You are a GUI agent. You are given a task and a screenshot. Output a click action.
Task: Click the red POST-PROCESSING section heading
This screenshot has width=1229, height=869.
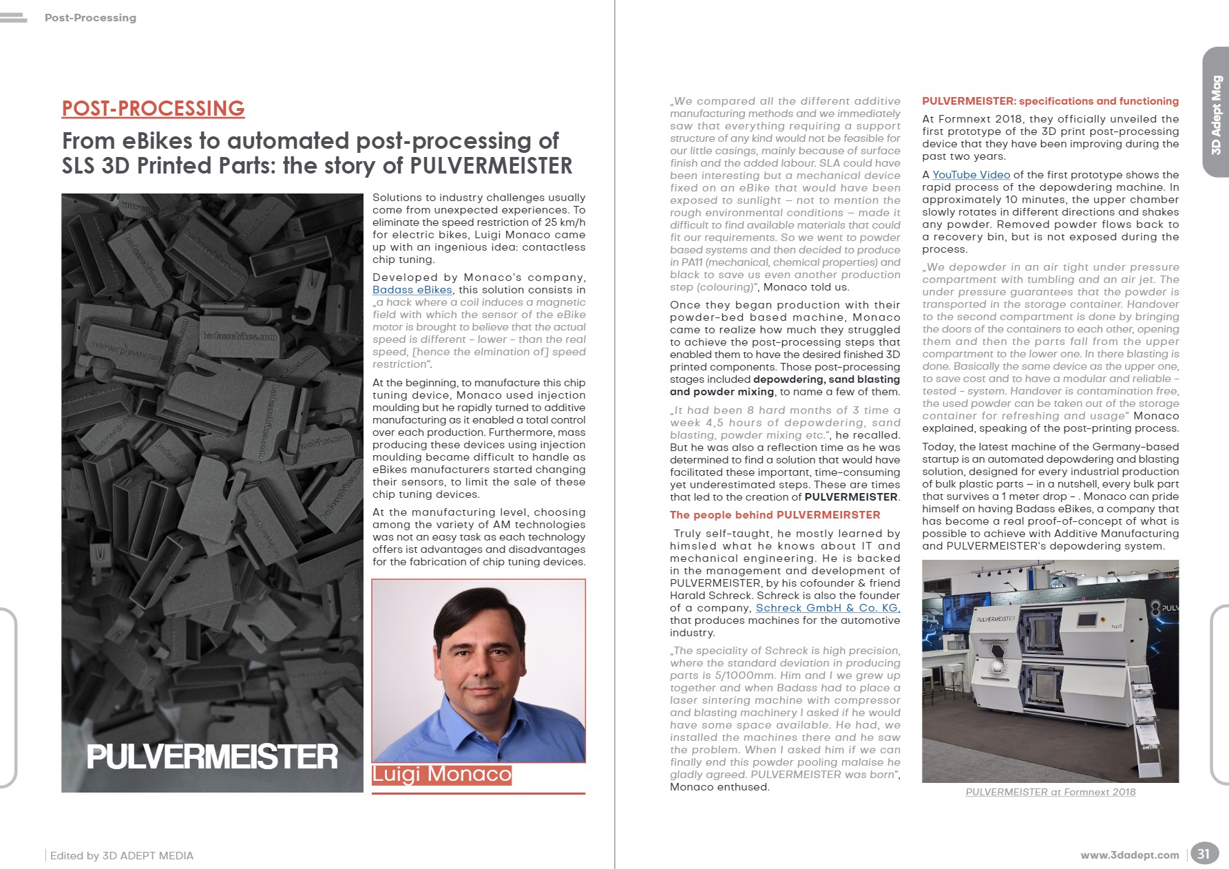pyautogui.click(x=153, y=108)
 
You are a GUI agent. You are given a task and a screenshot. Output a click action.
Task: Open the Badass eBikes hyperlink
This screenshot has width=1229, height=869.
pyautogui.click(x=412, y=290)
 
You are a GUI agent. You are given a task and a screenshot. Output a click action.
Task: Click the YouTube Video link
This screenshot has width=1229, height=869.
pyautogui.click(x=971, y=175)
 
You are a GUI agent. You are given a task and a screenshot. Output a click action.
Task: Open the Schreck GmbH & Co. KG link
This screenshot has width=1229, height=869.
pyautogui.click(x=828, y=608)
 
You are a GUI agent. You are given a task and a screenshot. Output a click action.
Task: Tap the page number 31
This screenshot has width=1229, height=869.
pyautogui.click(x=1203, y=854)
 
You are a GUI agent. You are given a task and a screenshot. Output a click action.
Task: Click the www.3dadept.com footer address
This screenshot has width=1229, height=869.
pyautogui.click(x=1129, y=855)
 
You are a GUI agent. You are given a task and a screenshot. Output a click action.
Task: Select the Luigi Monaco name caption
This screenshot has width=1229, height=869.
pyautogui.click(x=441, y=775)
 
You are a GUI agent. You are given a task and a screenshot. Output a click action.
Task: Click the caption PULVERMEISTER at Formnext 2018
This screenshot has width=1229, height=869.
pyautogui.click(x=1050, y=792)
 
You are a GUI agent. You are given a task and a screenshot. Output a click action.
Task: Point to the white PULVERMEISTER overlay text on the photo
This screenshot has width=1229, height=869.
pyautogui.click(x=211, y=757)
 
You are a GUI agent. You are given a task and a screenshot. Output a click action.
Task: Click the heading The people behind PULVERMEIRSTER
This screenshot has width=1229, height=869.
pyautogui.click(x=775, y=515)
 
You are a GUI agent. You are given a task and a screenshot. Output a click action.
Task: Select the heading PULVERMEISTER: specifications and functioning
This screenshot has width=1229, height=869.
pyautogui.click(x=1050, y=101)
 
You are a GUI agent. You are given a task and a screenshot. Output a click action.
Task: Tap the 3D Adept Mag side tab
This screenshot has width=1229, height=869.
pyautogui.click(x=1216, y=114)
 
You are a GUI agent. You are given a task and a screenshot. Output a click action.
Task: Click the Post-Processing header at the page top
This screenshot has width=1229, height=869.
pyautogui.click(x=90, y=18)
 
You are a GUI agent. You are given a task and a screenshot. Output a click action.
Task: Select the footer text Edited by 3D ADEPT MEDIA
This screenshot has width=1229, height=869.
pyautogui.click(x=122, y=855)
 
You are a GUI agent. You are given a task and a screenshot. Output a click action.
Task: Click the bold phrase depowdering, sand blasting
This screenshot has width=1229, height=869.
pyautogui.click(x=826, y=379)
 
